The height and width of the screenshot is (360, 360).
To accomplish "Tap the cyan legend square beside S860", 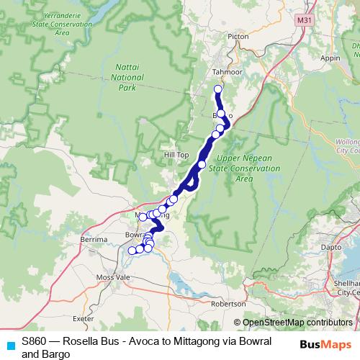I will (9, 345).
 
